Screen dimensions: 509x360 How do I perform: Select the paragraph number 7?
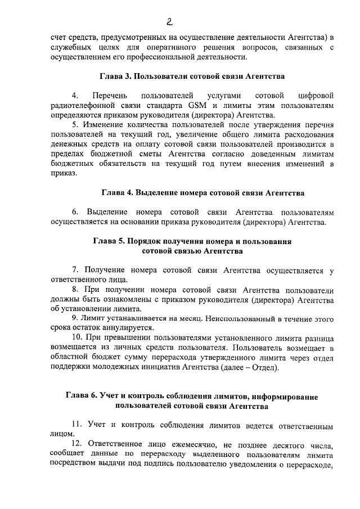click(75, 271)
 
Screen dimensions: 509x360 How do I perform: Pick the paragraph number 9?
click(75, 318)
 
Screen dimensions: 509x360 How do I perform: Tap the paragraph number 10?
click(77, 338)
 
